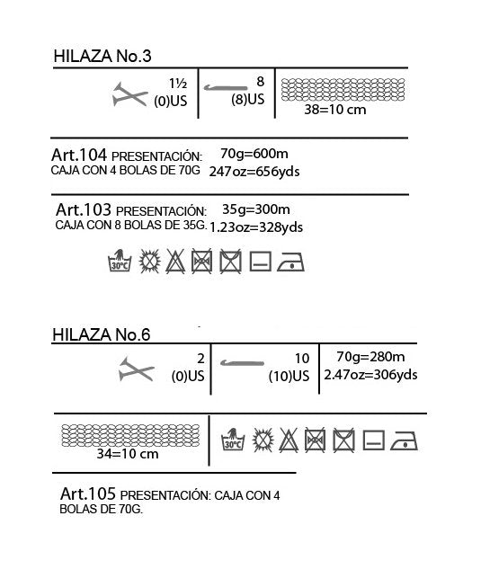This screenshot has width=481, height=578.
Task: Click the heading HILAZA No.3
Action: point(102,56)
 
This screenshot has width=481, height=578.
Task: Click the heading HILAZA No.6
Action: point(102,334)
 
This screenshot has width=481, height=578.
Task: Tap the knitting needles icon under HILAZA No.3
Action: point(129,94)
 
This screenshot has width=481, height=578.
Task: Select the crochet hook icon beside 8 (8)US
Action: point(226,88)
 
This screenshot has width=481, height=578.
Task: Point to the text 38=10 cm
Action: point(335,110)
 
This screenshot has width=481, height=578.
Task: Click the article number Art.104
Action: point(79,155)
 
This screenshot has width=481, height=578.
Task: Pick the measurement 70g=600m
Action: point(254,154)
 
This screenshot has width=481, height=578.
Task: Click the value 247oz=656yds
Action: point(254,172)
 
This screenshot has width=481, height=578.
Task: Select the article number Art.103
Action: point(84,209)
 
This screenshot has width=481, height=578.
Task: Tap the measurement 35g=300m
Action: point(256,209)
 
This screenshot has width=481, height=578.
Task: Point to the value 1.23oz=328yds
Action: point(256,227)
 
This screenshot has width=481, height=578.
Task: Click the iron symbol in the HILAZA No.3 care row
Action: point(290,262)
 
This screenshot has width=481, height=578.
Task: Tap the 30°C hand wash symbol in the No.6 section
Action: point(233,440)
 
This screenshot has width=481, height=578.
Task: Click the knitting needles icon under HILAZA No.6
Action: point(136,369)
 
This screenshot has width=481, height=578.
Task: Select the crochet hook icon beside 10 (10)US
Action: point(242,363)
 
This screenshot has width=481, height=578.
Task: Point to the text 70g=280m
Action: point(370,357)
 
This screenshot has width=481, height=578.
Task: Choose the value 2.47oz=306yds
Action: point(370,375)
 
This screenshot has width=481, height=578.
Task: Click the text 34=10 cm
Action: point(128,453)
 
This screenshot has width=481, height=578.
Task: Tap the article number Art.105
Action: point(88,494)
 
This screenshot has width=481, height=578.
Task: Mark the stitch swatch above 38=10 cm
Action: point(343,90)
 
